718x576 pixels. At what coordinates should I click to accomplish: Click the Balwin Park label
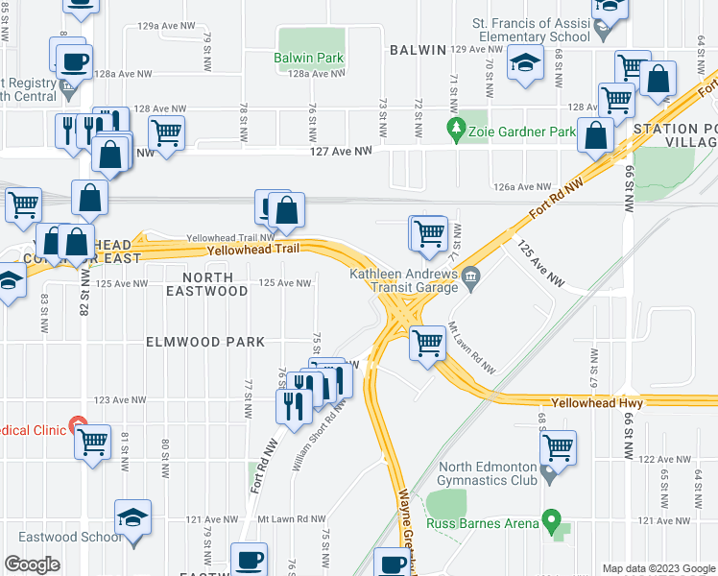coord(308,59)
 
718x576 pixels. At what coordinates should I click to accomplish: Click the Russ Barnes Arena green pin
coord(551,520)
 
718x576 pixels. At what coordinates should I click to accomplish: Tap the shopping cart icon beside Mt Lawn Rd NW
coord(427,342)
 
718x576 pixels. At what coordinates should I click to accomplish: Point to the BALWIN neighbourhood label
coord(418,50)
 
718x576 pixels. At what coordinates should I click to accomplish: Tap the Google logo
coord(33,565)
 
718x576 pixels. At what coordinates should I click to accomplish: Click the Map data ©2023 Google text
coord(658,568)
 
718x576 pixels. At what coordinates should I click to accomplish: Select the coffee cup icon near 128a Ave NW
coord(74,63)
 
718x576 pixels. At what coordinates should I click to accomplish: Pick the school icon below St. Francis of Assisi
coord(524,64)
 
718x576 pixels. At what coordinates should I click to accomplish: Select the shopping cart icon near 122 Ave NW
coord(558,446)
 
